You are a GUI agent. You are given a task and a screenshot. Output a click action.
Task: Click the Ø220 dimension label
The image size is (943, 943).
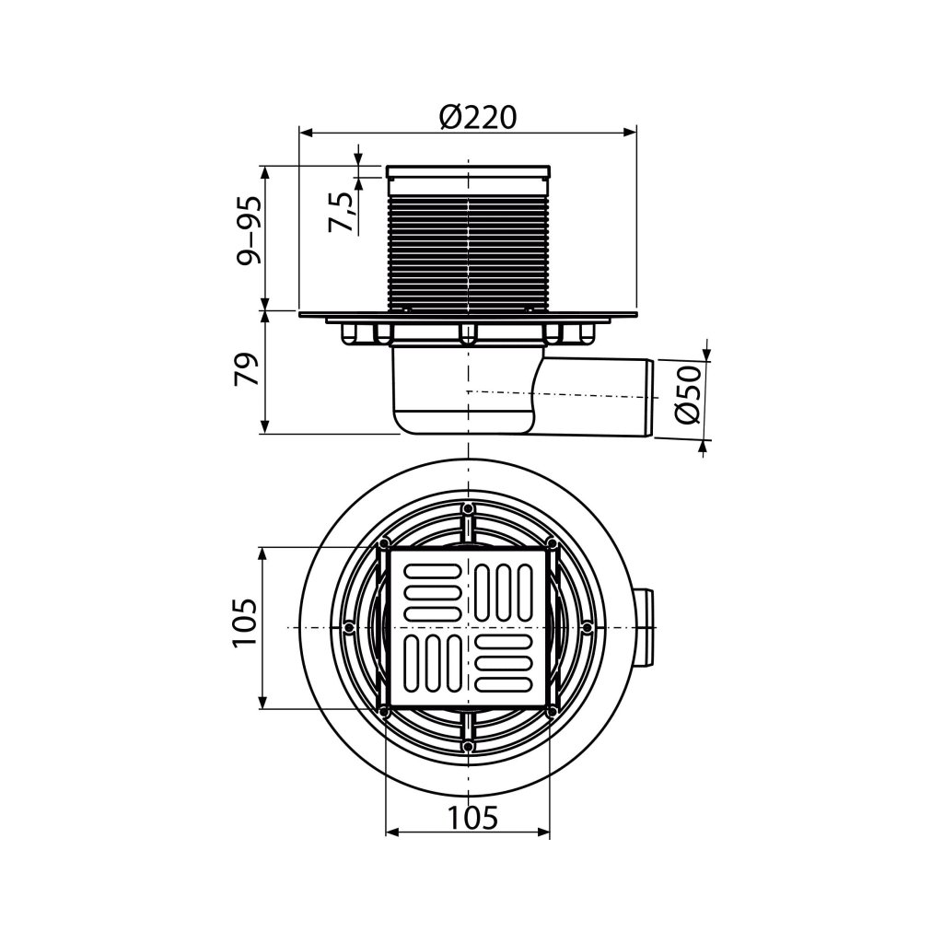tap(478, 117)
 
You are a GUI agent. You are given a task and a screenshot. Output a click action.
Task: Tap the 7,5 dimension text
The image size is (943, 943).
tap(341, 212)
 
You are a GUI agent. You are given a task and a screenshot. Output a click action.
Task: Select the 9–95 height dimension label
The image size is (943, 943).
tap(249, 231)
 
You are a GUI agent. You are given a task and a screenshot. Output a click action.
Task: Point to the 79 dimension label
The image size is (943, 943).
tap(246, 368)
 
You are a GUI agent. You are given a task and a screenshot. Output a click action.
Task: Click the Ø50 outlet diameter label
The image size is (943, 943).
tap(688, 394)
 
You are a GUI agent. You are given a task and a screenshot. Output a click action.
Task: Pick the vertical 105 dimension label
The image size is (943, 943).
tap(245, 630)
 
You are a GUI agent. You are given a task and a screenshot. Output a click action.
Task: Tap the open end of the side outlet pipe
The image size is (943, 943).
tap(649, 399)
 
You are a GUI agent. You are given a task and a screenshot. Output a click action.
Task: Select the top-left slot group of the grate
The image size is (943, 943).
tap(433, 592)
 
